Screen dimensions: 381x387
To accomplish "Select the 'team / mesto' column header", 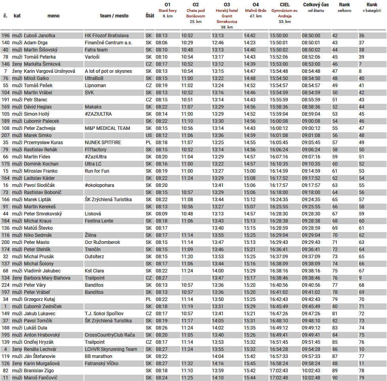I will click(114, 16).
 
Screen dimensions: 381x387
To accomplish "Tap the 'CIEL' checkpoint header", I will click(285, 5).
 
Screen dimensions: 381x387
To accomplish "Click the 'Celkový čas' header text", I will click(316, 5).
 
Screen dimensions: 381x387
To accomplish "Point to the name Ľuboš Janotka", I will click(40, 36).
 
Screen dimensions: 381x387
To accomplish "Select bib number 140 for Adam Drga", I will click(6, 43).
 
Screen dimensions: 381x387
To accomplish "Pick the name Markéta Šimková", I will click(42, 64).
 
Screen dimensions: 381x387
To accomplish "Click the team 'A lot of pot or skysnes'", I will click(108, 71).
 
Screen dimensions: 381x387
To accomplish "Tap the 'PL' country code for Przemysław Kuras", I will click(148, 143).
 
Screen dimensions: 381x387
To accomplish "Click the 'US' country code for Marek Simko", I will click(148, 135).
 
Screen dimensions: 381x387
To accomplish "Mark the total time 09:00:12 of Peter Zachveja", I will click(311, 128).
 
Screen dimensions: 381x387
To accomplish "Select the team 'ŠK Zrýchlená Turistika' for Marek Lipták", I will click(108, 200).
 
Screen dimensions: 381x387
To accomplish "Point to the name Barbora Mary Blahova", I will click(47, 278).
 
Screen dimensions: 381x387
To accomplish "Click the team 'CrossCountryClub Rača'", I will click(110, 335).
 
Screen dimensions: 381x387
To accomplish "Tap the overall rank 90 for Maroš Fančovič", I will click(335, 378).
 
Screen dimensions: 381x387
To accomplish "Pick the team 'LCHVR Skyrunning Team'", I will click(111, 349).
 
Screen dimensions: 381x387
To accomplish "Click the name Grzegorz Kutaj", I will click(39, 299).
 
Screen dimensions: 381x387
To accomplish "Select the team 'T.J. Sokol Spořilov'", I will click(104, 314).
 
